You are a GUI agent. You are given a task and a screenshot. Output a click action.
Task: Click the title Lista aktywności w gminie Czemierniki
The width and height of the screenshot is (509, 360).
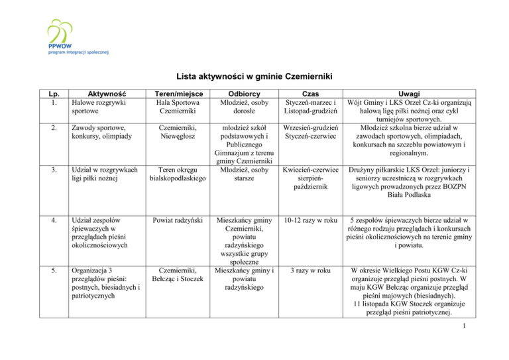(x=254, y=76)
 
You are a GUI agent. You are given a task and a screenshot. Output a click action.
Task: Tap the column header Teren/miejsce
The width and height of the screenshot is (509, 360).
(x=178, y=94)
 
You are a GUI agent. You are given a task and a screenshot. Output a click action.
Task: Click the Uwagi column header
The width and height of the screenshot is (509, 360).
(x=422, y=94)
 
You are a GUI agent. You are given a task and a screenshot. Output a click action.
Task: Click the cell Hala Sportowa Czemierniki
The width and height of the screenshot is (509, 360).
(x=178, y=107)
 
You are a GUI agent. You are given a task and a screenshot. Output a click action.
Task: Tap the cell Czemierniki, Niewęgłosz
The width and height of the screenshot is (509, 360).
(x=178, y=132)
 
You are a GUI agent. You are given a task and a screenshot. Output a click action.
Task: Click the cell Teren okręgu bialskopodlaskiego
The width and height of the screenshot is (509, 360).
(x=178, y=174)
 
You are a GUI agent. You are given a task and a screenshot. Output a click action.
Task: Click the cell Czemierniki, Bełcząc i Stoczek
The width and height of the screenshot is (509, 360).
(x=178, y=275)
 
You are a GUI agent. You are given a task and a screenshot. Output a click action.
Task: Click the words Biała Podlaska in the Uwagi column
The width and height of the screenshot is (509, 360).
(x=422, y=198)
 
